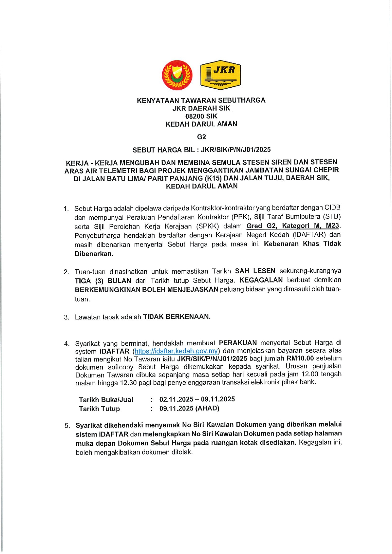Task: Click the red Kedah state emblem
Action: [x=177, y=75]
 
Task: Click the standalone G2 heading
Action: [x=202, y=137]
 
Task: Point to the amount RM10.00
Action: [x=300, y=358]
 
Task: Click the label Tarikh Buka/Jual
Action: [x=106, y=400]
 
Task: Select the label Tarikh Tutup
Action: [x=99, y=409]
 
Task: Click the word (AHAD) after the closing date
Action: [x=207, y=408]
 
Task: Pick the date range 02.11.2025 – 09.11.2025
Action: [x=197, y=399]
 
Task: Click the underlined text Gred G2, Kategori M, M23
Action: [x=293, y=226]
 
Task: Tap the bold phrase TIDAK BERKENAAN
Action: [x=177, y=317]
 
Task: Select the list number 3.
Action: [x=67, y=317]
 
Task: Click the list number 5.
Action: [x=67, y=426]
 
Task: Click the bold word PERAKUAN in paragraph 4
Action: [x=238, y=343]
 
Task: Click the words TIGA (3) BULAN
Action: [x=103, y=281]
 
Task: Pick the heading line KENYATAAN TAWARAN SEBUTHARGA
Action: [x=201, y=100]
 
